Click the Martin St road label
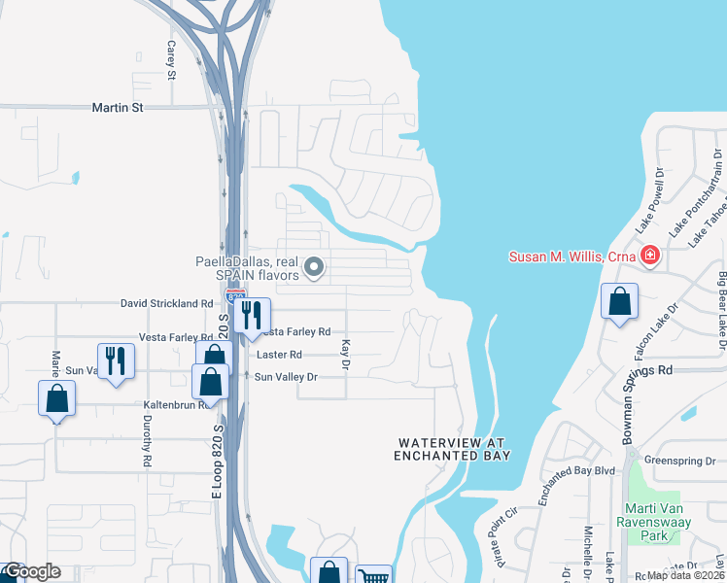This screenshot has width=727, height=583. (x=118, y=107)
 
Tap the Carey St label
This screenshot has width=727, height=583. (x=171, y=60)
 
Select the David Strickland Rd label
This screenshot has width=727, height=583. (x=166, y=303)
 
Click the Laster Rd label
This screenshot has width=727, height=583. (x=279, y=355)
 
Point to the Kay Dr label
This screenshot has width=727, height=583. (x=344, y=355)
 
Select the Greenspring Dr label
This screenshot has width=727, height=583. (x=680, y=461)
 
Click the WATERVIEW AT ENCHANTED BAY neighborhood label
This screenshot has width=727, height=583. (x=453, y=449)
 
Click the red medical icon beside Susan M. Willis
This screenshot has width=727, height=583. (x=650, y=257)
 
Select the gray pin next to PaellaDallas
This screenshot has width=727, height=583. (x=314, y=266)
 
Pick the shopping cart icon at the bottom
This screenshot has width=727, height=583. (x=373, y=576)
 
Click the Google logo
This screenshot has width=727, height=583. (x=32, y=571)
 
